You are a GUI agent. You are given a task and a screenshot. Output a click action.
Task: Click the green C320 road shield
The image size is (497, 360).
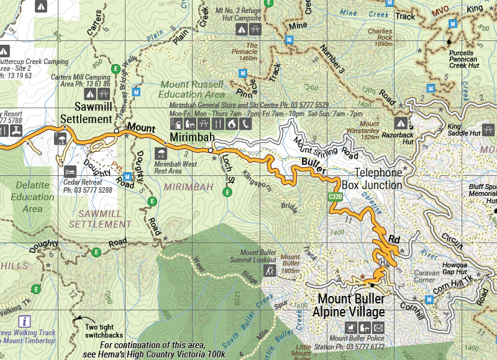pyautogui.click(x=336, y=197)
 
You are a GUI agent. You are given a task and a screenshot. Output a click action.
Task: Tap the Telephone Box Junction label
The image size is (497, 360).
pyautogui.click(x=372, y=178)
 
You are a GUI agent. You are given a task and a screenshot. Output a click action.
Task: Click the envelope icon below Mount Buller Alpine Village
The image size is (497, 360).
pyautogui.click(x=379, y=327)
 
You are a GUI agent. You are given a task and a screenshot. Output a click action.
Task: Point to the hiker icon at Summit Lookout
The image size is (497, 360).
pyautogui.click(x=270, y=272)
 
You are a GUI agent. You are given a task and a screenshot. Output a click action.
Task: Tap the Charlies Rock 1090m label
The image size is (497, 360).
pyautogui.click(x=380, y=37)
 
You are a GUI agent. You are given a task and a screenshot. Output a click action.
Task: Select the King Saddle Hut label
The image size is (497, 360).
pyautogui.click(x=464, y=133)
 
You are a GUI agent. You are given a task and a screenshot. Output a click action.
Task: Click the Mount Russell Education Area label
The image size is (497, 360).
pyautogui.click(x=191, y=89)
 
